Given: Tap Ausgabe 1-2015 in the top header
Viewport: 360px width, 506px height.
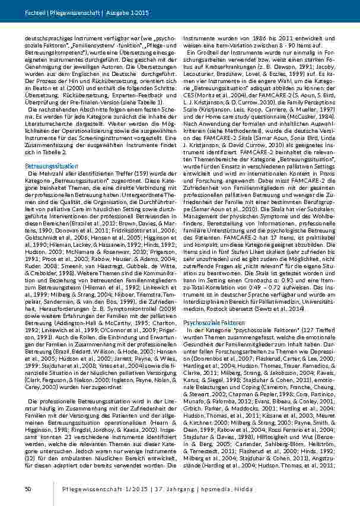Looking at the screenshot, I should [111, 12].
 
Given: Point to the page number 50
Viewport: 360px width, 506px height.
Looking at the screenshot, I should [28, 489].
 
